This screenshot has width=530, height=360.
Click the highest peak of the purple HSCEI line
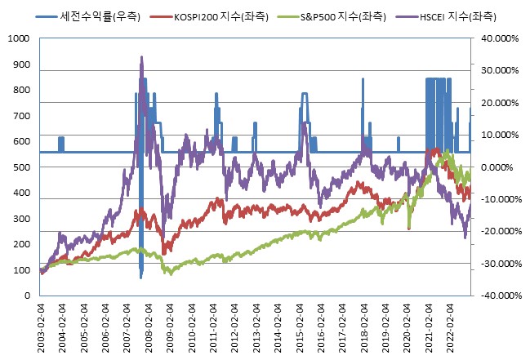coord(142,57)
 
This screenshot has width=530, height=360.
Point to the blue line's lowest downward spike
coord(140,278)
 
